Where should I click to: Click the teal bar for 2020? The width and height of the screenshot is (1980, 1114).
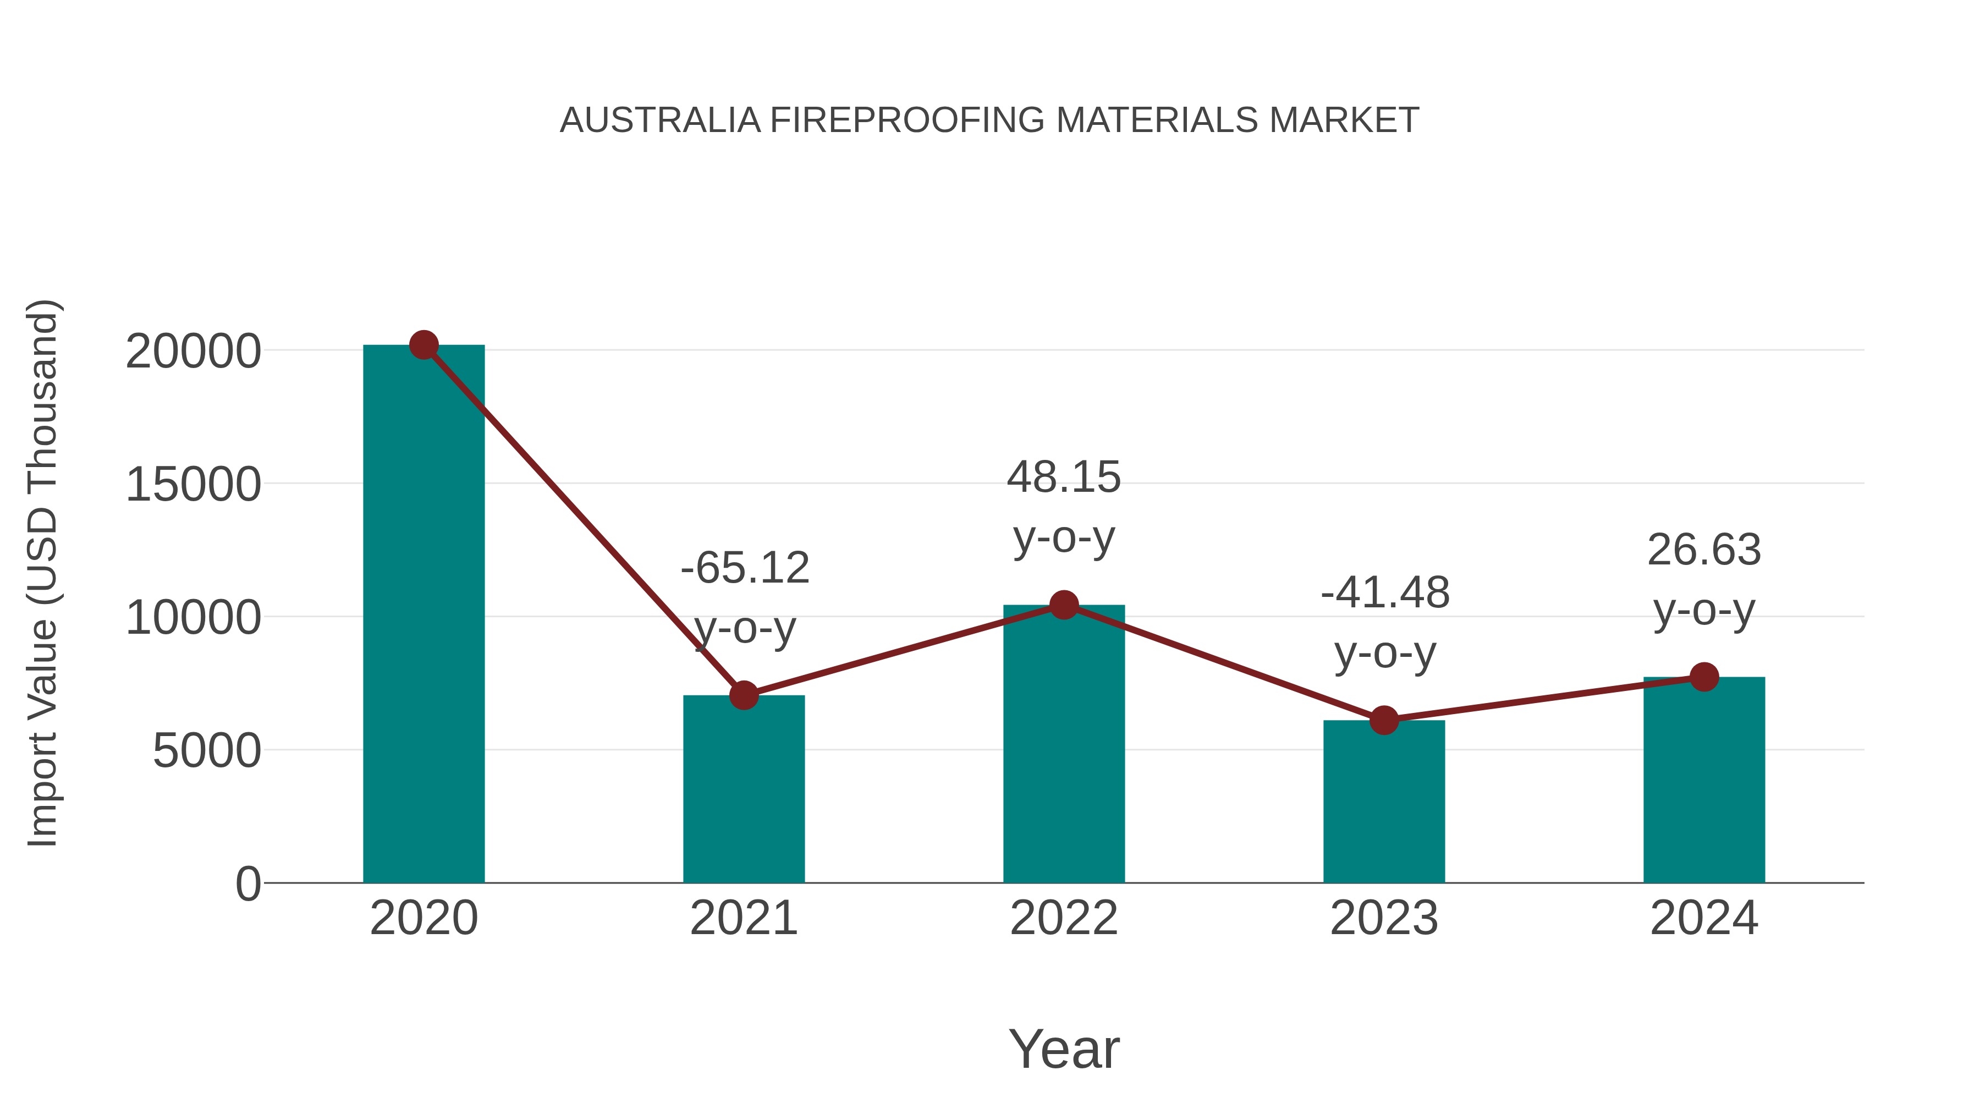424,615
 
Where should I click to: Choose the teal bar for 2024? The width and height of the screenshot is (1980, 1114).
1704,780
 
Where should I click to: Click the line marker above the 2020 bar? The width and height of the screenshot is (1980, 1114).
424,345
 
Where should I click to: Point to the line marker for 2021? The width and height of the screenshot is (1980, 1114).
743,695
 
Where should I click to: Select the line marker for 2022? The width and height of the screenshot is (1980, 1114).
1064,605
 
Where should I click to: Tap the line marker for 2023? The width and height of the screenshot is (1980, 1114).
1384,720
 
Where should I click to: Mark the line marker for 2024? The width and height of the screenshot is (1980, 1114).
1704,677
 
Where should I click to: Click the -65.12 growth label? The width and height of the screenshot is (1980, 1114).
745,568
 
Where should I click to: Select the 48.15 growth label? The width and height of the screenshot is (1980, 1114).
1064,478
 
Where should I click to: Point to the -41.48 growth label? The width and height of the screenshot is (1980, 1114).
1385,592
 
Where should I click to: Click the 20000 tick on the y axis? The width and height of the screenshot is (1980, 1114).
193,352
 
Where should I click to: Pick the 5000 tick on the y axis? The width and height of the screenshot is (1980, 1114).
207,751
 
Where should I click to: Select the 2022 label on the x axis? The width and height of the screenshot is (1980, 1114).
1064,918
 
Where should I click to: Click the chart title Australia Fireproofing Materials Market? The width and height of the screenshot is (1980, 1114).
989,120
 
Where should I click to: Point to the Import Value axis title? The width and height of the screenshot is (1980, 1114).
43,573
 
